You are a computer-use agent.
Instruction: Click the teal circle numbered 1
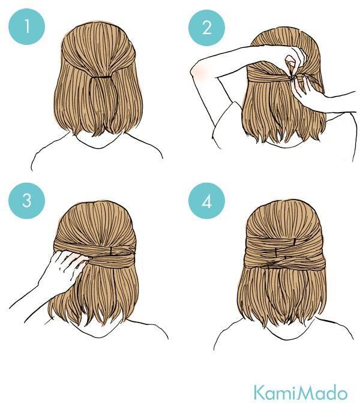coord(27,26)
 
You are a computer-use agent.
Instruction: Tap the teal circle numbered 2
coord(206,28)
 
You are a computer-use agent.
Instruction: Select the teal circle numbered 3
coord(27,201)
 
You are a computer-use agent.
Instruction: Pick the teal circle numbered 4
coord(206,201)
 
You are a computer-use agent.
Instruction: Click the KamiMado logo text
coord(300,393)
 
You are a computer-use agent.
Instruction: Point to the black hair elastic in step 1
coord(101,77)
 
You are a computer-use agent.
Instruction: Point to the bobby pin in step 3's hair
coord(112,250)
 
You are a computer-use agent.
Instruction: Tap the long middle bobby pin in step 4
coord(277,252)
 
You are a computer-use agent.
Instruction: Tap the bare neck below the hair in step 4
coord(287,329)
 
